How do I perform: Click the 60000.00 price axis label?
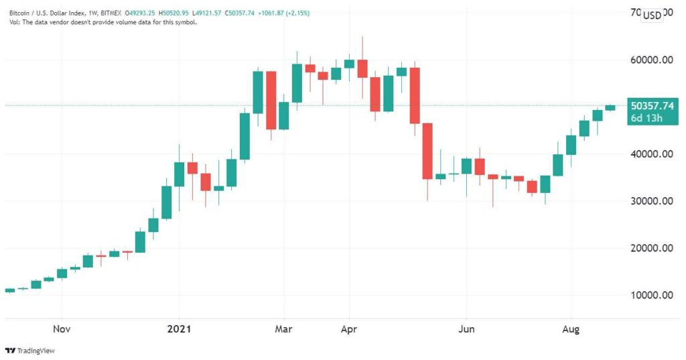[x=651, y=60]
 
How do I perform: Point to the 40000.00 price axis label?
[x=651, y=154]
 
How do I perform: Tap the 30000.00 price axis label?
[x=651, y=201]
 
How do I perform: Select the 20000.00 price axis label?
[x=651, y=248]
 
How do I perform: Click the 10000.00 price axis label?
[x=651, y=295]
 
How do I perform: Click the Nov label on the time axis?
[x=62, y=328]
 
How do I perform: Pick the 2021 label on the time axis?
[x=179, y=328]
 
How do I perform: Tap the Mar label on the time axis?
[x=283, y=328]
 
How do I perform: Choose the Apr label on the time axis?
[x=348, y=329]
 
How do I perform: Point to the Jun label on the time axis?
[x=466, y=328]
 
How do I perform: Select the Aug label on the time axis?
[x=571, y=329]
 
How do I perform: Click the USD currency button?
[x=652, y=15]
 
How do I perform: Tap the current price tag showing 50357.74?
[x=653, y=106]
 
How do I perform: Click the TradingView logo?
[x=29, y=351]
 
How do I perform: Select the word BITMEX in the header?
[x=111, y=13]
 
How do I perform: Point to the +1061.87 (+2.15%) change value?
[x=284, y=13]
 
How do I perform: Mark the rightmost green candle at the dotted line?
[x=610, y=108]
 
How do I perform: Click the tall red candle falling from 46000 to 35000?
[x=427, y=151]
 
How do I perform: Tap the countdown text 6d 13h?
[x=646, y=118]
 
